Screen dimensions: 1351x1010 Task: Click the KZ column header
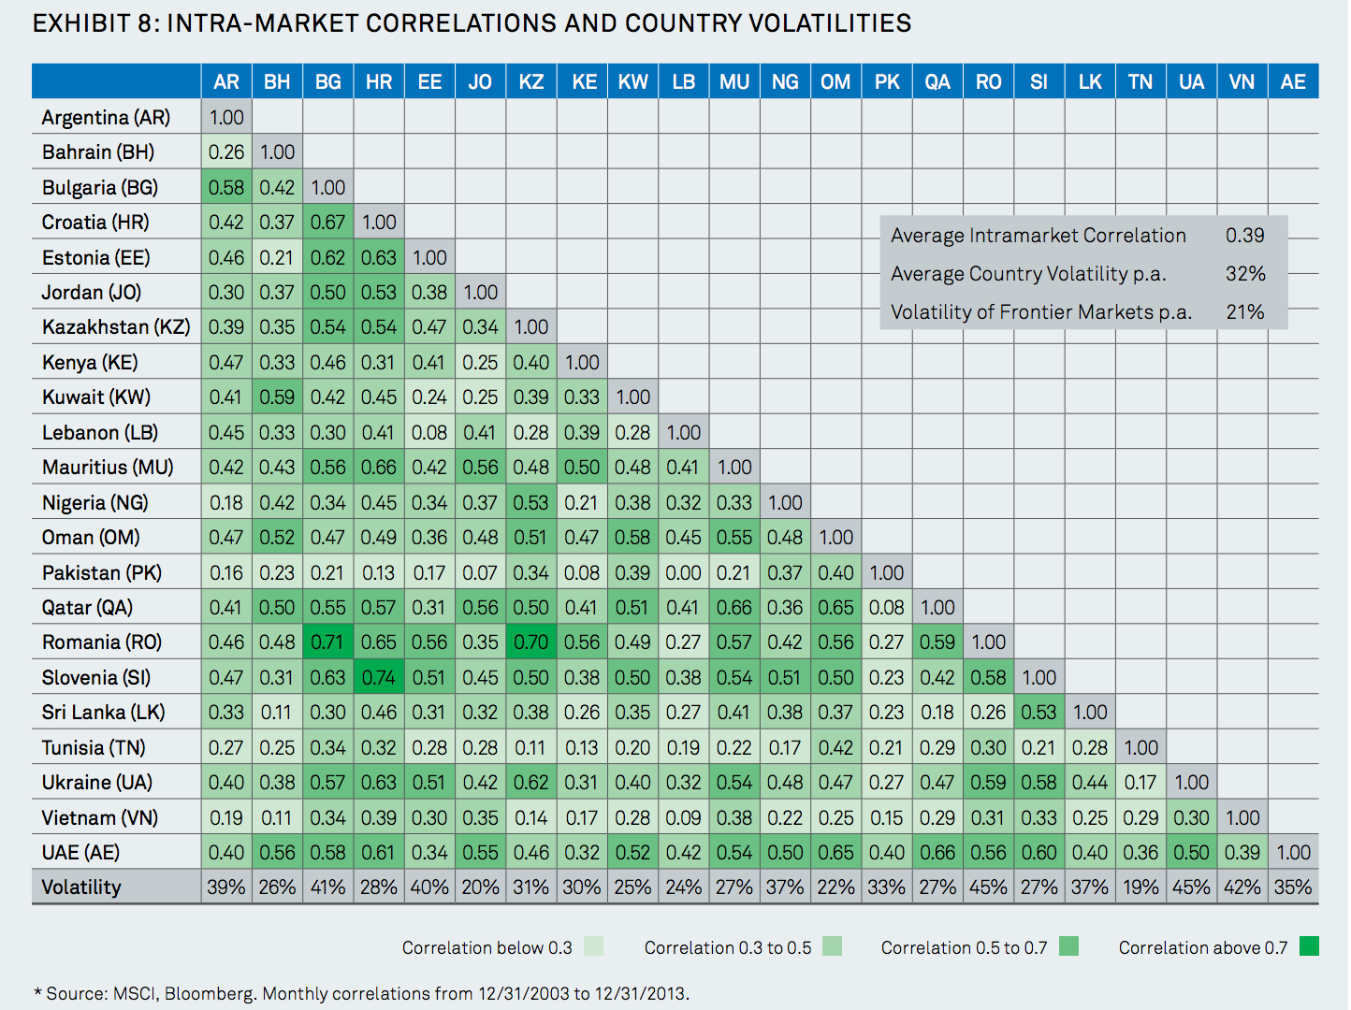(x=531, y=81)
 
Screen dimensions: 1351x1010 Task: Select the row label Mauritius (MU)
(x=108, y=467)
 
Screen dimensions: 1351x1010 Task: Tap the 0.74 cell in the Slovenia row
(x=379, y=677)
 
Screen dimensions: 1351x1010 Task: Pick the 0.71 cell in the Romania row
(x=328, y=642)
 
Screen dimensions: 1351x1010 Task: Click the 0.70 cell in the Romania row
(x=531, y=642)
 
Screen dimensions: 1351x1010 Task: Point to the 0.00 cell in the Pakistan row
(x=683, y=572)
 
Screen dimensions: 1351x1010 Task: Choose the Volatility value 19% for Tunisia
(x=1140, y=887)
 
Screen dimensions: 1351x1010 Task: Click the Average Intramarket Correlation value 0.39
(x=1244, y=235)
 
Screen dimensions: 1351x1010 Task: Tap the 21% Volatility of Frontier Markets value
(x=1244, y=311)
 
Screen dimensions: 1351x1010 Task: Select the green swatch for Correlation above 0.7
(x=1309, y=946)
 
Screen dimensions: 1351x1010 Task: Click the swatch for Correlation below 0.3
(x=593, y=946)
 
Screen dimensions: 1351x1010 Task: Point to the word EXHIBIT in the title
(x=83, y=23)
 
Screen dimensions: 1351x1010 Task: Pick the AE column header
(x=1293, y=81)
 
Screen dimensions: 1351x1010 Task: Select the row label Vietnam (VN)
(x=100, y=817)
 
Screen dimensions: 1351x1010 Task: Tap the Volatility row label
(x=81, y=887)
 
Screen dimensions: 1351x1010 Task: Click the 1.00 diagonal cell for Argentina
(x=226, y=117)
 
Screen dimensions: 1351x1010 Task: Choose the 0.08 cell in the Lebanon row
(x=429, y=432)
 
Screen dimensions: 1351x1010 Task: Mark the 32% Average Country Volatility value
(x=1245, y=273)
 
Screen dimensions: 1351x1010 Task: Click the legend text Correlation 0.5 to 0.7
(x=964, y=947)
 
